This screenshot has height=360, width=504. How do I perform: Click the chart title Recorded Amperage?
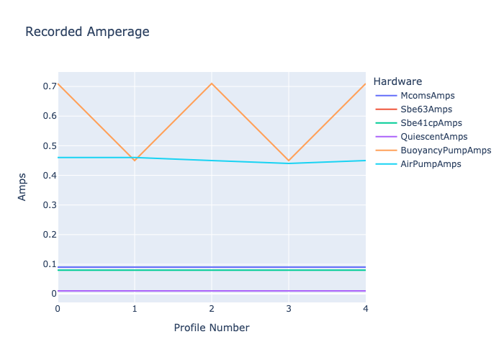coord(87,32)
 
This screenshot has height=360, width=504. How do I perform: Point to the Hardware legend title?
coord(397,81)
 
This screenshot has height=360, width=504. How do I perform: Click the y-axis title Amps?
coord(22,186)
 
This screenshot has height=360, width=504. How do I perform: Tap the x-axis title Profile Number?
coord(212,328)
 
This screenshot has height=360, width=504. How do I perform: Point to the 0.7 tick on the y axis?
coord(50,86)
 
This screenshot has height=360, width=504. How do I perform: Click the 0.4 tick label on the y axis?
coord(50,175)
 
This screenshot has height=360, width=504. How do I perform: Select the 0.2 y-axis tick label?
coord(50,234)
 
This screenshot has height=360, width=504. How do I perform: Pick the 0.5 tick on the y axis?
coord(50,145)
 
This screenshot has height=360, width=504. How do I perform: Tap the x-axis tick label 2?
coord(212,309)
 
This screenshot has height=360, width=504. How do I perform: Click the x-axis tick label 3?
coord(289,309)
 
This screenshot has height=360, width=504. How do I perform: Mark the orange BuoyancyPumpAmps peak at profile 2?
coord(212,84)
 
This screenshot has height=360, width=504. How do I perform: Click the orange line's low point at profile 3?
coord(289,161)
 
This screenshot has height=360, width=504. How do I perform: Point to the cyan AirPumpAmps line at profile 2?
coord(212,161)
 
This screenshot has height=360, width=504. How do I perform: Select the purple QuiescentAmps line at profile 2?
coord(212,291)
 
